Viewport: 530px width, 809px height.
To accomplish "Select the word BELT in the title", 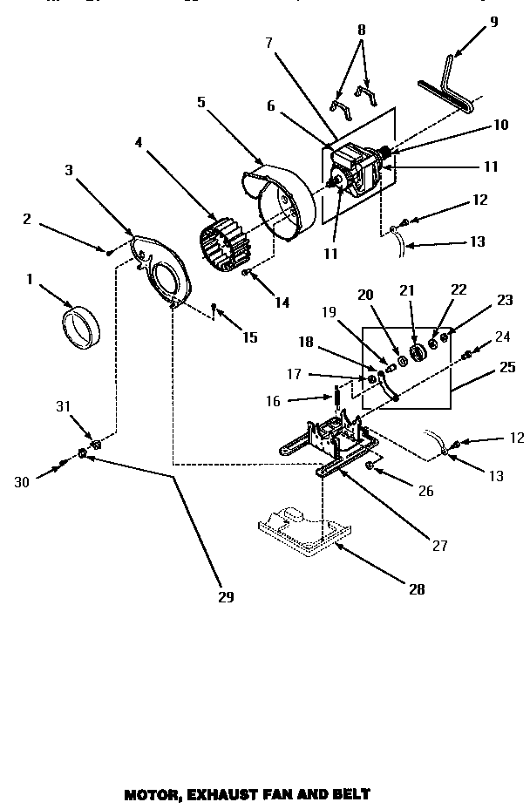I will (350, 794).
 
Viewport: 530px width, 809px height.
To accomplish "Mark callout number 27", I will (439, 546).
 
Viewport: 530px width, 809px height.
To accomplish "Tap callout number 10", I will (500, 125).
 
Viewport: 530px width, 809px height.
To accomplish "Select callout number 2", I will (27, 219).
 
